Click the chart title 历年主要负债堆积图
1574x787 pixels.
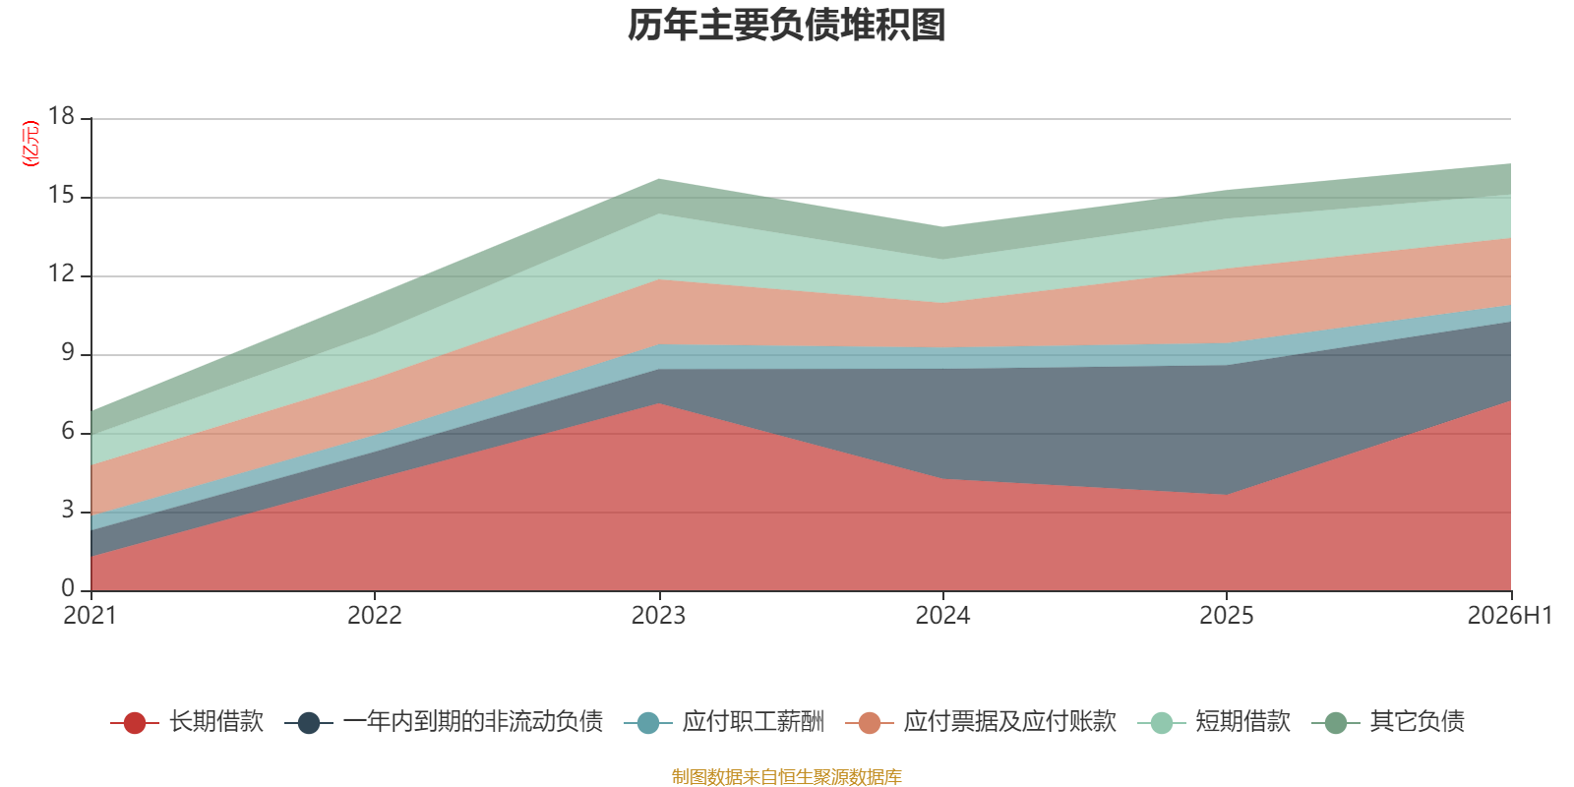tap(786, 25)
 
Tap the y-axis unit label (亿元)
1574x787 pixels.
tap(30, 144)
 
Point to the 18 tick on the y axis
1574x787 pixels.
tap(61, 116)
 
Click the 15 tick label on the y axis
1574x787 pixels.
tap(61, 195)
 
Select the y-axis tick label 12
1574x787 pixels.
tap(61, 273)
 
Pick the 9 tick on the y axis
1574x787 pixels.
tap(68, 352)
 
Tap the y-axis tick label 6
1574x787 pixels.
tap(68, 431)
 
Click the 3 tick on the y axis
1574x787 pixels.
tap(68, 510)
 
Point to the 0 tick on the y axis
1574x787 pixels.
tap(68, 588)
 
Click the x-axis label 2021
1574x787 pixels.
tap(90, 616)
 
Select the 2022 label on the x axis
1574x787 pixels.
tap(375, 616)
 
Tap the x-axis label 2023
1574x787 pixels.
tap(658, 616)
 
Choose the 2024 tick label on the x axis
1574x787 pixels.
tap(942, 616)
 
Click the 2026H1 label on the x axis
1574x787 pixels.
tap(1510, 616)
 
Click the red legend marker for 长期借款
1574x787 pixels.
tap(134, 722)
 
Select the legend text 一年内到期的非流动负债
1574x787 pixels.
tap(473, 722)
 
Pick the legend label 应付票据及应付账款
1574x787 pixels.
tap(1009, 722)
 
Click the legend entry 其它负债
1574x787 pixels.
tap(1388, 722)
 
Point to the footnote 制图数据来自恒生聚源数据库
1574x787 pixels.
tap(786, 776)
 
